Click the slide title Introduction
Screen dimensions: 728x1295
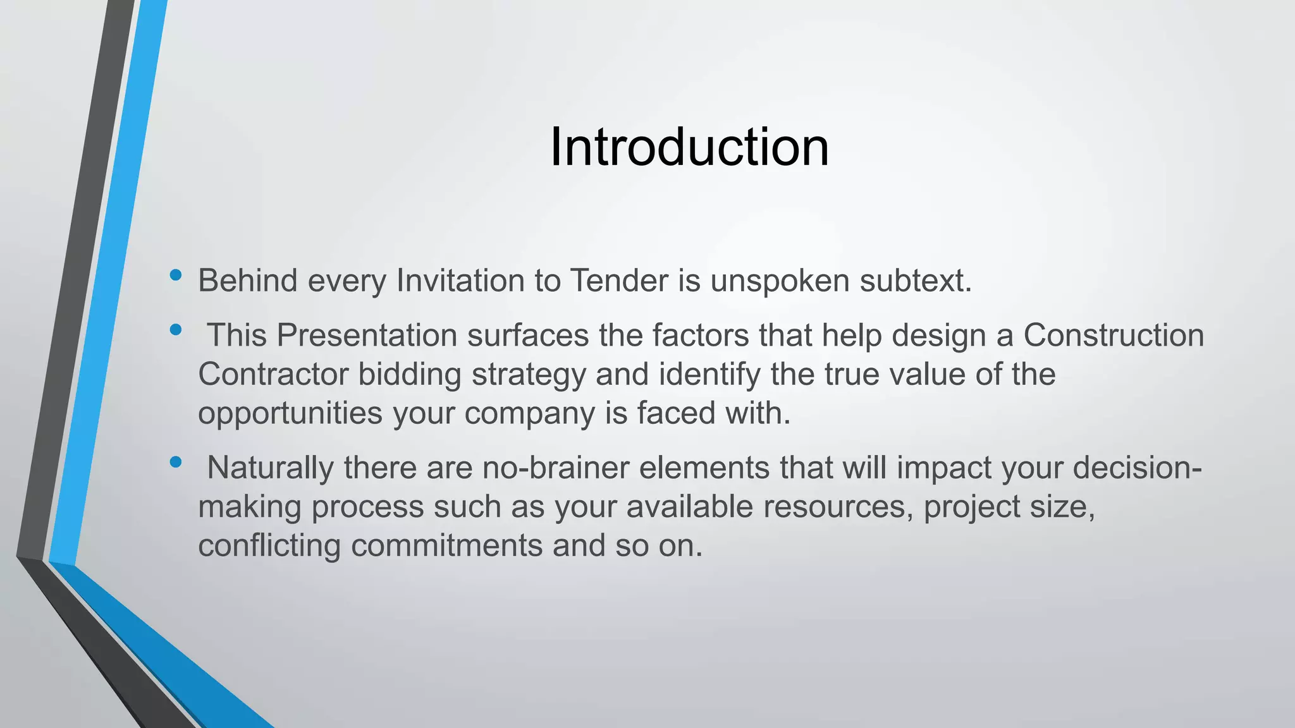(689, 147)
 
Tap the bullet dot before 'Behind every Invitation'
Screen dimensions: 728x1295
(176, 275)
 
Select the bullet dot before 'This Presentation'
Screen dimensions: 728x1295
(176, 329)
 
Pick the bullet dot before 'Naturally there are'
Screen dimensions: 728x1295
(176, 462)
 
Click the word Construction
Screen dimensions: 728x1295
(1114, 335)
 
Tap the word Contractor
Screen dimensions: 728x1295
(273, 374)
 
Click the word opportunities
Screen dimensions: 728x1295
(290, 414)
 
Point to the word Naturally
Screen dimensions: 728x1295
(271, 468)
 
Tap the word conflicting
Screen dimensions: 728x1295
(269, 545)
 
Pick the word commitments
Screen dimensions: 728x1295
(446, 545)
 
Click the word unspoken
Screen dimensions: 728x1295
(780, 281)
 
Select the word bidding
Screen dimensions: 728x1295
(410, 375)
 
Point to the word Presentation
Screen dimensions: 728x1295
(367, 335)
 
